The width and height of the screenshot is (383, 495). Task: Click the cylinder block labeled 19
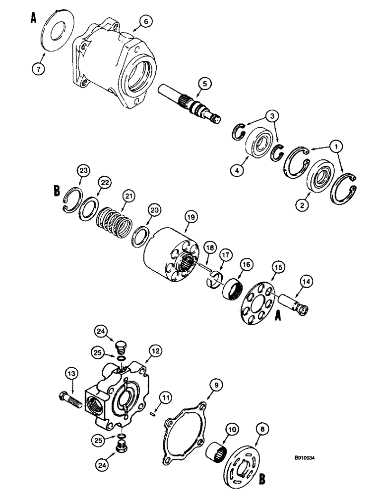pyautogui.click(x=171, y=252)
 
